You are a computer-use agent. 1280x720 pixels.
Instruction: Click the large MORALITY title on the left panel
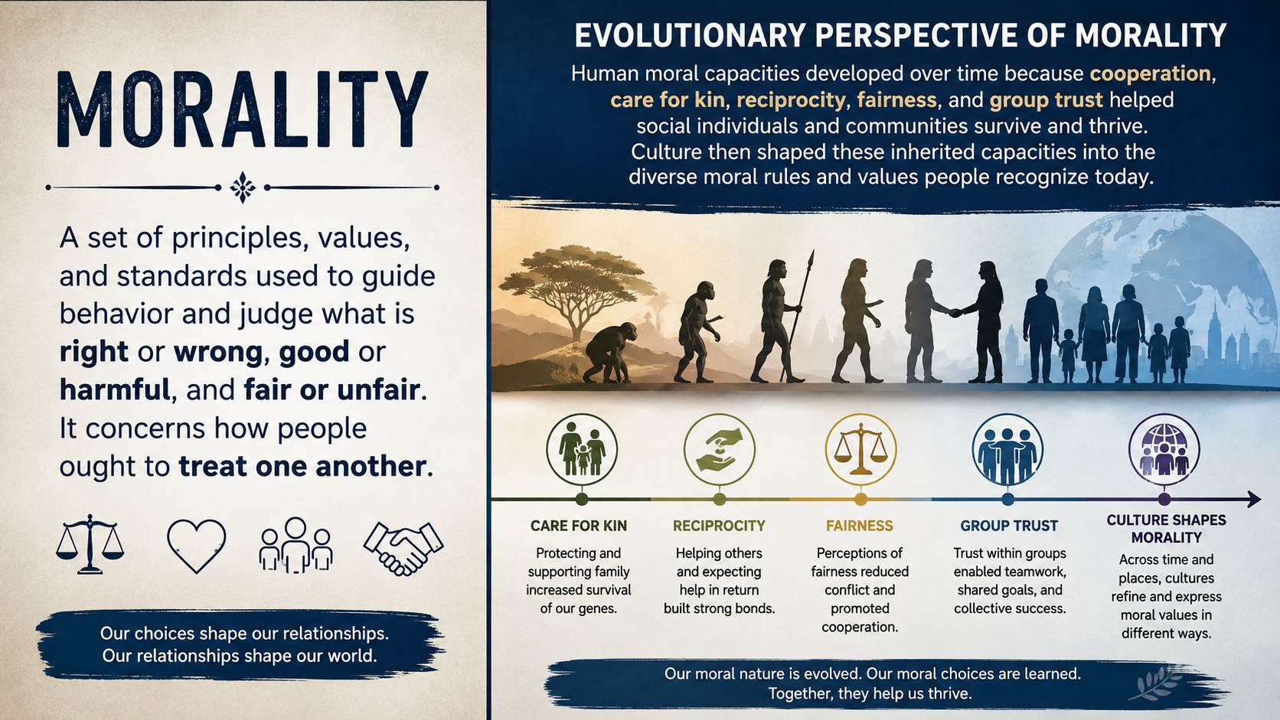pos(243,109)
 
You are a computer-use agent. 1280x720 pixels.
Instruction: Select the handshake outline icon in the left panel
pos(403,548)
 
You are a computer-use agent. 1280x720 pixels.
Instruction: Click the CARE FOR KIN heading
pos(578,526)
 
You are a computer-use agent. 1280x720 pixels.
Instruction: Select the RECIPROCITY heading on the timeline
pos(719,526)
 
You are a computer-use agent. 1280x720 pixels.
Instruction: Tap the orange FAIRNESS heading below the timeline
pos(860,526)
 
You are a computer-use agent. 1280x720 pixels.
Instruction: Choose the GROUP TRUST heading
pos(1009,526)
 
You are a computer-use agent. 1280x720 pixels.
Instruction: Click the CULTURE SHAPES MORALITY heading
pos(1166,529)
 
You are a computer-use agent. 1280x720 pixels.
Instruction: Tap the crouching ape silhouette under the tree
pos(610,353)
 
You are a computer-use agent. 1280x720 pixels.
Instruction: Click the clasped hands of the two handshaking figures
pos(955,313)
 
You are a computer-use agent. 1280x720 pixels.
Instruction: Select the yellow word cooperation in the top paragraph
pos(1150,73)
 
